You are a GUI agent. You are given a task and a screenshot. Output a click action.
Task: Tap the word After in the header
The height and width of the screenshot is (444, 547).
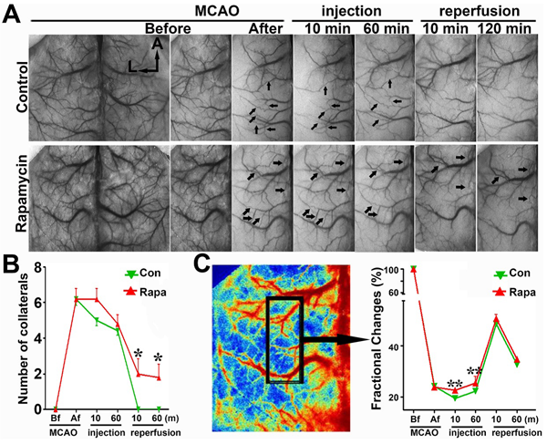(x=261, y=28)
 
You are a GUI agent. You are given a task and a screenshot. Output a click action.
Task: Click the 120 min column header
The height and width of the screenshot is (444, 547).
(x=505, y=28)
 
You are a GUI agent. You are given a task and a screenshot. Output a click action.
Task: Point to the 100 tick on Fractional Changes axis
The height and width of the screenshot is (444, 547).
(x=394, y=270)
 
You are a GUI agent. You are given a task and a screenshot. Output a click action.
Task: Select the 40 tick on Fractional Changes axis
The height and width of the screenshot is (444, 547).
(x=397, y=346)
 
